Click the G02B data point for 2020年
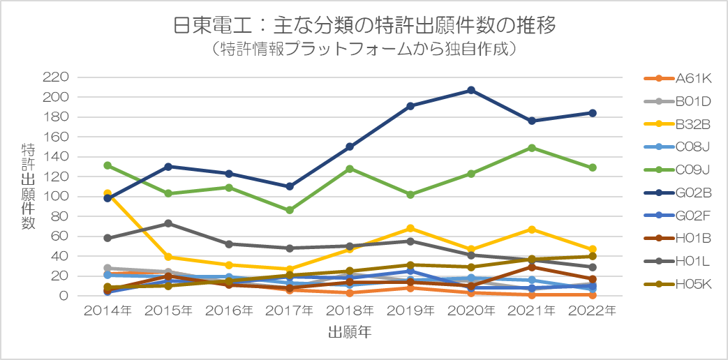(470, 90)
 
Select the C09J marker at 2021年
(532, 148)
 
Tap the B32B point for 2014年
(107, 193)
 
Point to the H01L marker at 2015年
(168, 224)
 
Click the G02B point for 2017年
(289, 186)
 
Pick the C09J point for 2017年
(289, 210)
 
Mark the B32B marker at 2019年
(410, 228)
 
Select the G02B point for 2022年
(593, 113)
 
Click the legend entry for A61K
(678, 79)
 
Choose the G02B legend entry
(678, 192)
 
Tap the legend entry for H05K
(678, 283)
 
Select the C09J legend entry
(678, 170)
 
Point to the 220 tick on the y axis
(55, 77)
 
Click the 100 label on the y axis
(55, 197)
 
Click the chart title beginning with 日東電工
(364, 26)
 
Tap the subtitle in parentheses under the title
(364, 49)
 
